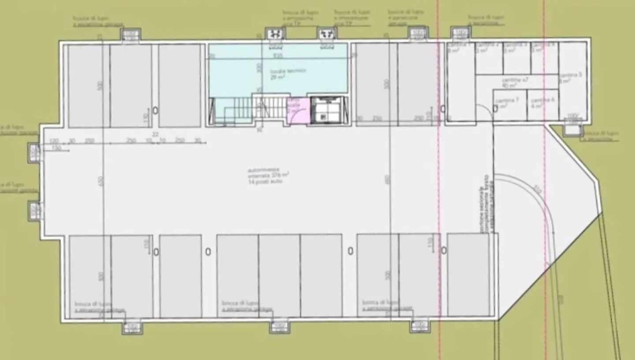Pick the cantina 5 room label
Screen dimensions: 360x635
coord(572,78)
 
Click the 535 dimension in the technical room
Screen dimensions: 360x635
coord(278,56)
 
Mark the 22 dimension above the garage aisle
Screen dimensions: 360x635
coord(155,134)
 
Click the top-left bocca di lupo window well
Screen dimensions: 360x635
coord(130,35)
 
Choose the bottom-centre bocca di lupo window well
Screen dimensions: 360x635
coord(279,327)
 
